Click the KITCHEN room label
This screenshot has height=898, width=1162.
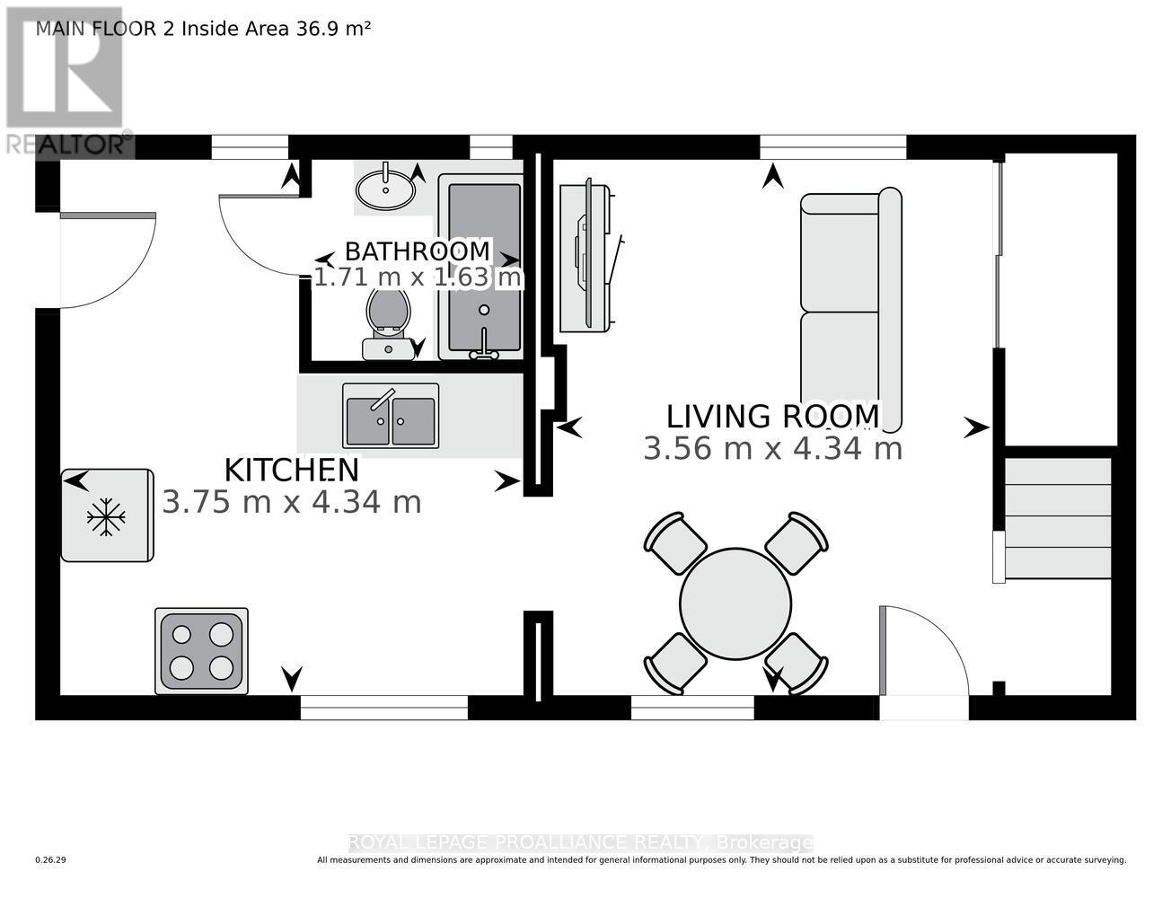(x=291, y=470)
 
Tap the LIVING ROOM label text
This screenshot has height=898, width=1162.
(x=772, y=417)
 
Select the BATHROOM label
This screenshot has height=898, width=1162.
(x=418, y=251)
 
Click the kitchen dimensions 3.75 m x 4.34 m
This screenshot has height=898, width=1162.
(x=291, y=502)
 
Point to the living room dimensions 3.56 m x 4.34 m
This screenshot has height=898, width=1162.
(x=772, y=448)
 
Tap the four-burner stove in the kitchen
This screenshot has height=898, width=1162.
(x=201, y=651)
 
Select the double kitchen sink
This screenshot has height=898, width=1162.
(x=391, y=416)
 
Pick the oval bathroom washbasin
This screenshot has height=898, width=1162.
(x=385, y=189)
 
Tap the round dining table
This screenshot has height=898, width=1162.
(x=735, y=603)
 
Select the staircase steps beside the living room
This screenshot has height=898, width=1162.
(x=1057, y=519)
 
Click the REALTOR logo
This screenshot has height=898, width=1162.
(x=65, y=81)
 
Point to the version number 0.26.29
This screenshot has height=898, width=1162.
(x=51, y=860)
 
